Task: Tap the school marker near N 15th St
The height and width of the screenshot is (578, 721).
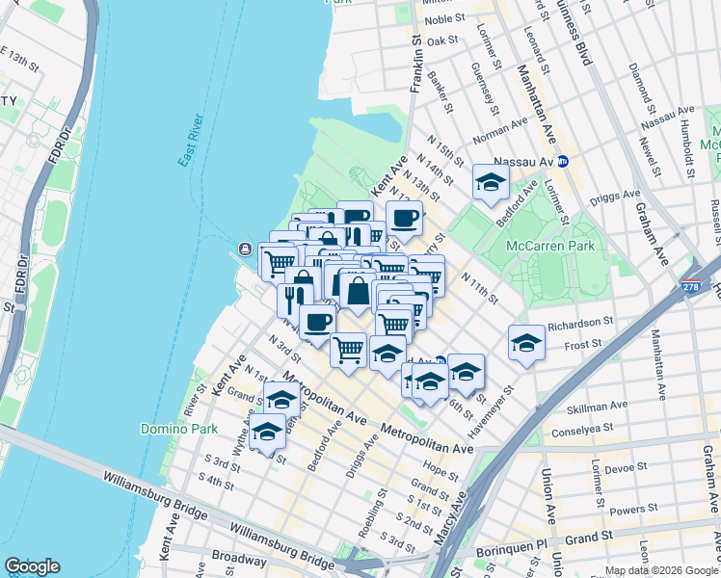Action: tap(491, 182)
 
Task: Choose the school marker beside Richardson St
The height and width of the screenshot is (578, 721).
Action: tap(526, 343)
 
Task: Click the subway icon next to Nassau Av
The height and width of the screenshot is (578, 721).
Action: tap(562, 161)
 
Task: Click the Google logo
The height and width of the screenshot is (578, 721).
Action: tap(32, 566)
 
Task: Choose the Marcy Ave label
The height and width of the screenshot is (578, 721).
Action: tap(460, 519)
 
